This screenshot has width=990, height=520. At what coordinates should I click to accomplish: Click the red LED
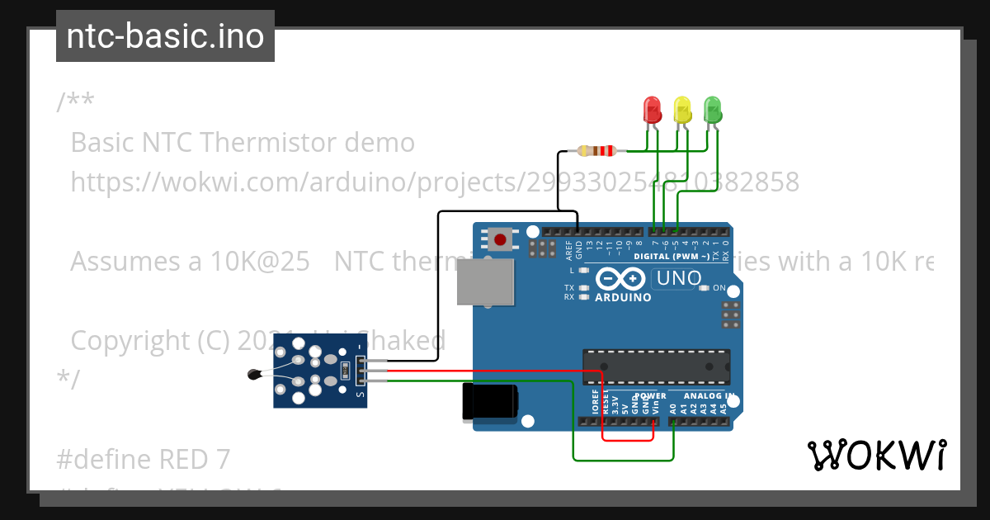(652, 110)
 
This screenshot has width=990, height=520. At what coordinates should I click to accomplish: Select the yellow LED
(682, 110)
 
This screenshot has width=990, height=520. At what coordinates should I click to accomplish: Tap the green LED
(712, 110)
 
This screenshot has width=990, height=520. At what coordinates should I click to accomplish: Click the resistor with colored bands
(596, 150)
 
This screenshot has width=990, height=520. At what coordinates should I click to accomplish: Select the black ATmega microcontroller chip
(656, 367)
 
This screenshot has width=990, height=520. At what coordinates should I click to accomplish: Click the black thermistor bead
(255, 376)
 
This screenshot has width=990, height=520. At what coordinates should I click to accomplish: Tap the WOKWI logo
(876, 455)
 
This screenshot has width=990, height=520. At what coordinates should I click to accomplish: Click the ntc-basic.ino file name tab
(165, 36)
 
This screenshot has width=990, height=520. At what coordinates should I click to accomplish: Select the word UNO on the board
(677, 279)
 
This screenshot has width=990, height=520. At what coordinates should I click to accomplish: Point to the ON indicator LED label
(719, 288)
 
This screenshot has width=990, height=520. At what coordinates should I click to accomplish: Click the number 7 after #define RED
(222, 459)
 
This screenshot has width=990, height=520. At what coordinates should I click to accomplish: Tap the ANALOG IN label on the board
(705, 396)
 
